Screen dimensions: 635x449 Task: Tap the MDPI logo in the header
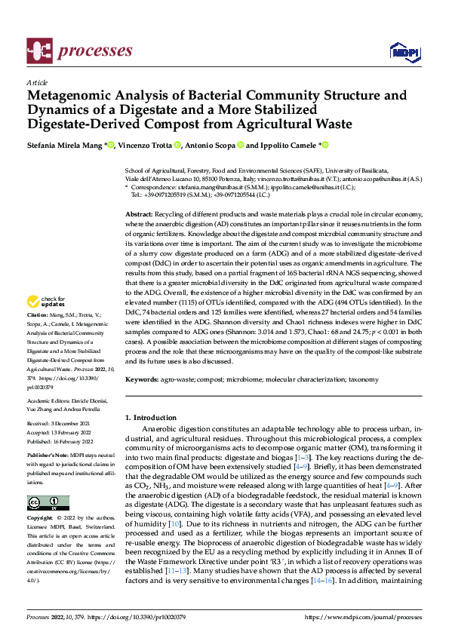coord(404,51)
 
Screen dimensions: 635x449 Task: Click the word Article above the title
coord(37,82)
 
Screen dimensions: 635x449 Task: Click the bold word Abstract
coord(139,215)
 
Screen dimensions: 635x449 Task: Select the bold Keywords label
coord(142,379)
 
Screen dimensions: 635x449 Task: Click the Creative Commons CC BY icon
coord(48,502)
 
